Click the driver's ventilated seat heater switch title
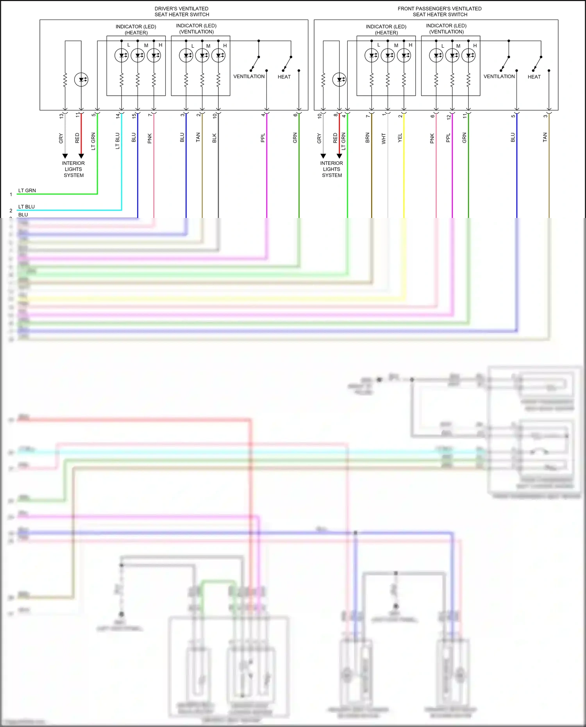pyautogui.click(x=182, y=11)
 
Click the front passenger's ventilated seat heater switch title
pyautogui.click(x=439, y=11)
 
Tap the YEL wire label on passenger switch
pyautogui.click(x=400, y=138)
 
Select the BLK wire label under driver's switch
pyautogui.click(x=214, y=138)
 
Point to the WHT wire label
pyautogui.click(x=384, y=138)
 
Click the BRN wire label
pyautogui.click(x=367, y=138)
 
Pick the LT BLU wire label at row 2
pyautogui.click(x=27, y=207)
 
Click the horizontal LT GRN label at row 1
pyautogui.click(x=27, y=191)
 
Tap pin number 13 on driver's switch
pyautogui.click(x=61, y=116)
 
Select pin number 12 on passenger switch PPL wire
pyautogui.click(x=448, y=116)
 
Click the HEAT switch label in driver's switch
pyautogui.click(x=284, y=77)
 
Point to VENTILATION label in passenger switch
pyautogui.click(x=499, y=77)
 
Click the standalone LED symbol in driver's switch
pyautogui.click(x=81, y=80)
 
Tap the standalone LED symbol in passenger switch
pyautogui.click(x=339, y=80)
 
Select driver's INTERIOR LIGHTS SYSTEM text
pyautogui.click(x=73, y=169)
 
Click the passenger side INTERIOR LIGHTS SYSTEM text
pyautogui.click(x=332, y=169)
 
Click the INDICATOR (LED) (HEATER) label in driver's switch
pyautogui.click(x=136, y=29)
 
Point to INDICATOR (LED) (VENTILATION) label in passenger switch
pyautogui.click(x=446, y=29)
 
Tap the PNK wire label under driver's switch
pyautogui.click(x=150, y=138)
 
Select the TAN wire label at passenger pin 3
pyautogui.click(x=545, y=138)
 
